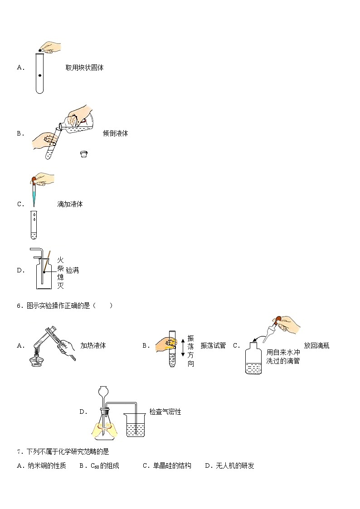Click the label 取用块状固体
(x=84, y=68)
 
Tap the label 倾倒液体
(x=115, y=133)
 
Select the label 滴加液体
(x=70, y=204)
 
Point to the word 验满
(x=72, y=270)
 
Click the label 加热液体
(x=93, y=345)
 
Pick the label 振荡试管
(x=213, y=345)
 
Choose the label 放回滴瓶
(x=316, y=345)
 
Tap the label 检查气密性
(x=165, y=412)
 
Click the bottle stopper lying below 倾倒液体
(x=83, y=154)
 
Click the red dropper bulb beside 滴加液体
(x=34, y=180)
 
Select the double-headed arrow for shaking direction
(x=183, y=345)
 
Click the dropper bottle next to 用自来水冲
(x=253, y=360)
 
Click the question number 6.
(x=19, y=305)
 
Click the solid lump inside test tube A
(x=40, y=75)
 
